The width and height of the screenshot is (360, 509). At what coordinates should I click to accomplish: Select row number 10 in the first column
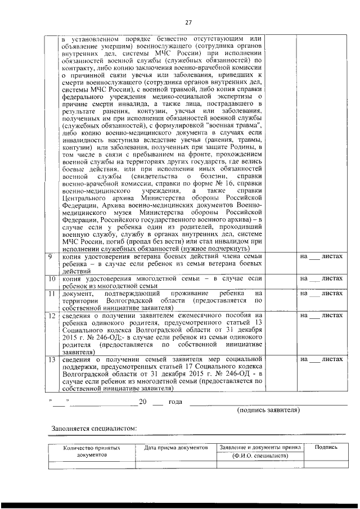(x=51, y=278)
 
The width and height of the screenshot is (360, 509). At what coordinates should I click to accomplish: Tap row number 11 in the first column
(x=51, y=294)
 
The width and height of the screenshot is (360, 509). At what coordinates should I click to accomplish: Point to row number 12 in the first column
(x=51, y=316)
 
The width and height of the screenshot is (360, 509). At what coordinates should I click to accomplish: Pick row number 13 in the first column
(x=51, y=359)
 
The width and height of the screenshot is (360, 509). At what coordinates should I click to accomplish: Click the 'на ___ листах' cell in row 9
(x=321, y=256)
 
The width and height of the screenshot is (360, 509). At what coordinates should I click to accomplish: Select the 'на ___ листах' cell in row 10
(x=321, y=278)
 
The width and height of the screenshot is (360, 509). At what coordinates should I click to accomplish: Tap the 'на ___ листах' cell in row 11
(x=321, y=294)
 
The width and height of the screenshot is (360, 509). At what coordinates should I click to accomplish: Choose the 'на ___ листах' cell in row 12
(x=321, y=316)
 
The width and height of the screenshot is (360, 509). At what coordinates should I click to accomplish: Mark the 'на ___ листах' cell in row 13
(x=321, y=359)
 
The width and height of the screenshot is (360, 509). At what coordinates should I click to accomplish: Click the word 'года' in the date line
(x=176, y=402)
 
